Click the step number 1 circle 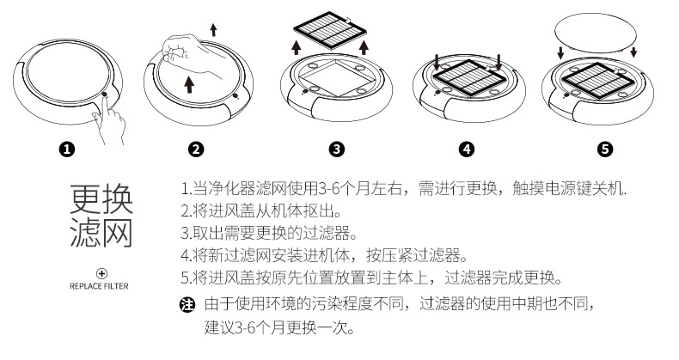click(x=66, y=149)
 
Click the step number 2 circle click(x=195, y=149)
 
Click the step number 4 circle click(x=467, y=149)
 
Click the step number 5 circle click(x=605, y=149)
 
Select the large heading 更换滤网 click(x=101, y=216)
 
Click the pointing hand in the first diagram click(x=110, y=120)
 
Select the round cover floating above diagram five click(x=596, y=30)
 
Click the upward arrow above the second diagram click(x=214, y=29)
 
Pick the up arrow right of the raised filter click(x=365, y=46)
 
